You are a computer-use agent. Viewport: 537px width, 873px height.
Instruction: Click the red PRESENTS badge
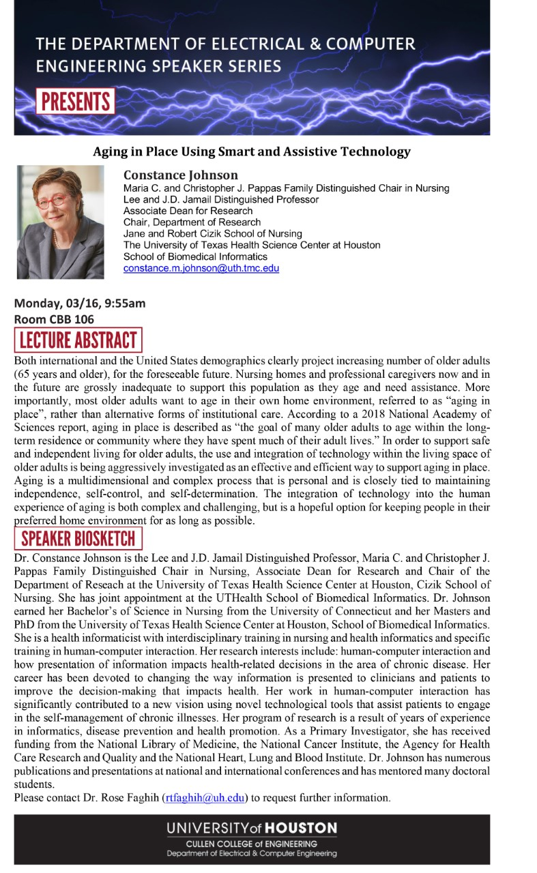click(x=75, y=101)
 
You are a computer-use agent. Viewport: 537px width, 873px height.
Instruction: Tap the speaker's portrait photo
click(x=61, y=222)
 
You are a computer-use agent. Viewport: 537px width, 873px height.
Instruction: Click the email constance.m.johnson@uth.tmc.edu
click(x=201, y=268)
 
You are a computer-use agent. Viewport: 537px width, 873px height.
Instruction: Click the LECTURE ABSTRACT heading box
click(x=78, y=340)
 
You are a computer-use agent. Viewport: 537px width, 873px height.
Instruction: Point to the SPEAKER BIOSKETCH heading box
click(x=78, y=538)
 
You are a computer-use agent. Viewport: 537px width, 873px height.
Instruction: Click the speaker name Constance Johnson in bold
click(x=181, y=175)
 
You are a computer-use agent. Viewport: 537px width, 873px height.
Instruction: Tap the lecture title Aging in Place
click(x=252, y=151)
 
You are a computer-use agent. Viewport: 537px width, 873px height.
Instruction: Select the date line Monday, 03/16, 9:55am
click(x=80, y=304)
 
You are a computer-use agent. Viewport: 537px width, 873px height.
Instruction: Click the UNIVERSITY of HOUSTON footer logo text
click(x=252, y=828)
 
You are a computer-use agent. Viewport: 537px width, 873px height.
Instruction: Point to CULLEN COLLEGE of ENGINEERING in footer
click(x=252, y=844)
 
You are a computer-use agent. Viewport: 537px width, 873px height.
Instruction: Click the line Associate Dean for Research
click(x=188, y=211)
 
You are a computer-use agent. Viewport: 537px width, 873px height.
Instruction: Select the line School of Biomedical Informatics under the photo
click(x=195, y=256)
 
